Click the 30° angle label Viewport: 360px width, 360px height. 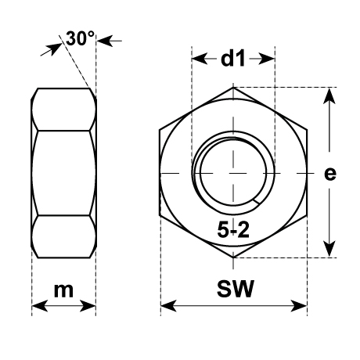point(80,38)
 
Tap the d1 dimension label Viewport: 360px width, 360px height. point(233,59)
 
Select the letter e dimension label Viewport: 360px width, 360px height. point(330,174)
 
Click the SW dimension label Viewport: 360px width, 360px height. point(236,289)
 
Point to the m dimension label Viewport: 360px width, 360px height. point(63,290)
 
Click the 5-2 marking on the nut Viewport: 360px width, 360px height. point(233,230)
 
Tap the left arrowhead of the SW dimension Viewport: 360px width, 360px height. point(168,306)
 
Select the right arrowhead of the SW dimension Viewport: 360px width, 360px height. point(299,306)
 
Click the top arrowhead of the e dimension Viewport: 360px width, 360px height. point(329,96)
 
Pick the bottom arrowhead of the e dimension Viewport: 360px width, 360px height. point(329,249)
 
